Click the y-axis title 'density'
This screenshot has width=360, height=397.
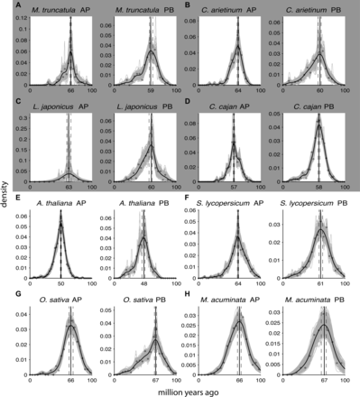(6, 194)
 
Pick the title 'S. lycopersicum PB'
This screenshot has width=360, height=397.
(318, 197)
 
